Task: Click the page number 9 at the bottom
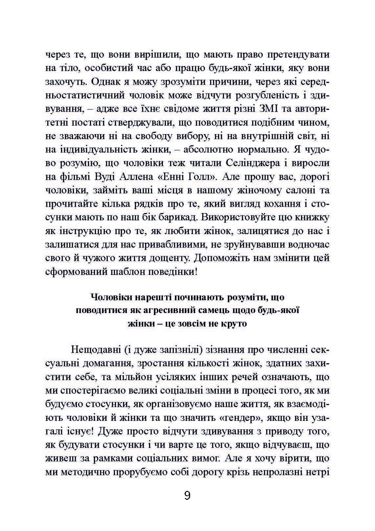[x=187, y=495]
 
